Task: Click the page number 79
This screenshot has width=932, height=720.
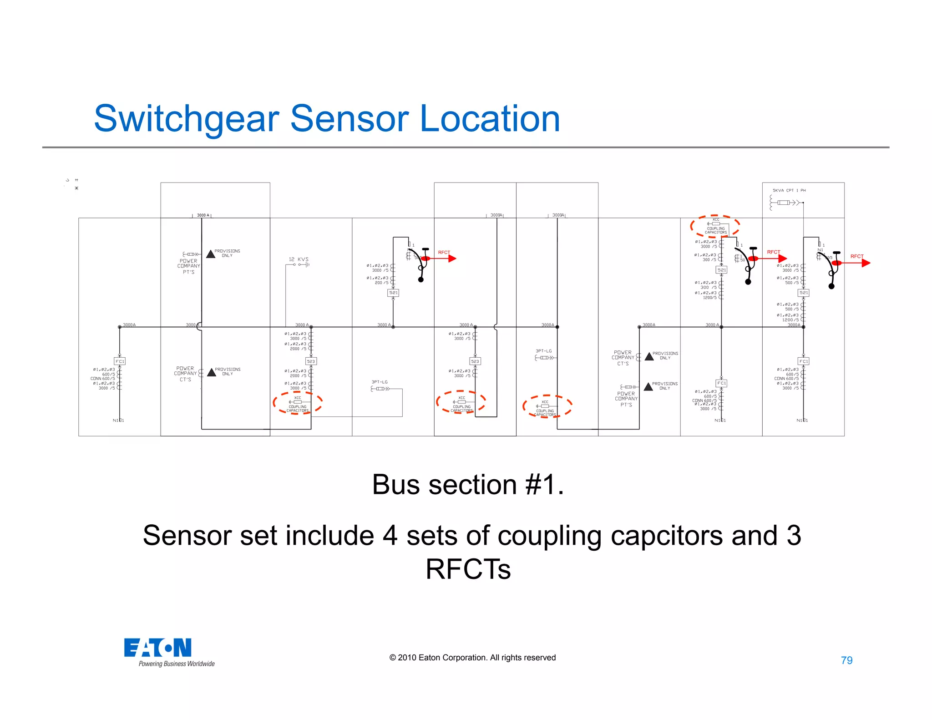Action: coord(846,660)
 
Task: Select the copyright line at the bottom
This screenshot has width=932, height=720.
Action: coord(472,658)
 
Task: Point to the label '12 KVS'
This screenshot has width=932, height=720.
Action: coord(298,259)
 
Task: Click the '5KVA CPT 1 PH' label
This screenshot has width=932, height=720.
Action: coord(789,191)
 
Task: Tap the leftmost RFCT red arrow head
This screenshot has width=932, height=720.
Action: coord(452,259)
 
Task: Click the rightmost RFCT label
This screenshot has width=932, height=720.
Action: coord(856,256)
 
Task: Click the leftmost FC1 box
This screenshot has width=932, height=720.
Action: coord(120,361)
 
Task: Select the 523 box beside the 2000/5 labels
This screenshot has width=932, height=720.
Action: coord(311,361)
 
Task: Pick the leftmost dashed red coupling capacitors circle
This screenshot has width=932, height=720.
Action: coord(298,403)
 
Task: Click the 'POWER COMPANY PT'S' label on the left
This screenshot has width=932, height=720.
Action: coord(188,266)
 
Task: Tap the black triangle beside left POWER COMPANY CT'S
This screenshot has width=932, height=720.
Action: coord(212,372)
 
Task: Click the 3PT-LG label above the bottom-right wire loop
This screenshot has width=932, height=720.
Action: coord(380,382)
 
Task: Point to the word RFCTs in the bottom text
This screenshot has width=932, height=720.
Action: coord(468,569)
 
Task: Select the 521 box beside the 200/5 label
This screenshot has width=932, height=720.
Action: coord(393,293)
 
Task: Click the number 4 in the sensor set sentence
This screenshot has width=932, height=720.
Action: coord(390,535)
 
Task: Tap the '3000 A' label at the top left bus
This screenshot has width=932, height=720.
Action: coord(203,215)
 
